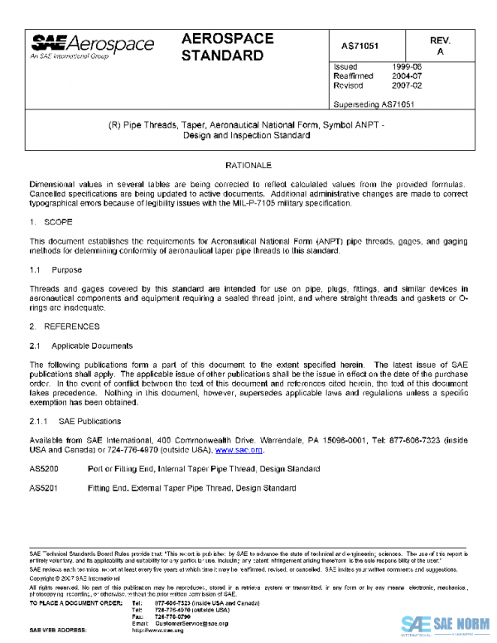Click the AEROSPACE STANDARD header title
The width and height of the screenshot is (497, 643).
[223, 48]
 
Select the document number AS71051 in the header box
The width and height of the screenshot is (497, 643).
[366, 45]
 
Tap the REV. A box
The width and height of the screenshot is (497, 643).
[440, 46]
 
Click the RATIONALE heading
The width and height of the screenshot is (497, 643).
[248, 167]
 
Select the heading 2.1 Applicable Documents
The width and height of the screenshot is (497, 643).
[80, 345]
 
